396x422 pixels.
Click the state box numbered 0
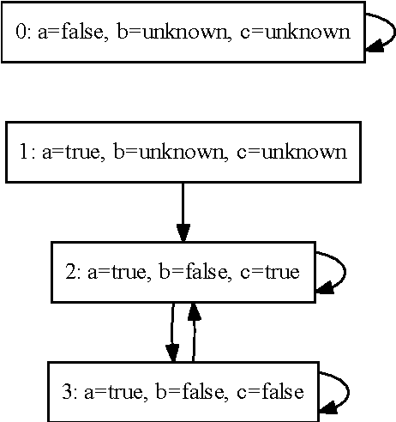coord(183,33)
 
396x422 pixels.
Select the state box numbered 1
coord(183,153)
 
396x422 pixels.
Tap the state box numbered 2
coord(183,272)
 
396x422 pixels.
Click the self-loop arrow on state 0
coord(381,33)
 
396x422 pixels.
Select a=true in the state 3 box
coord(117,393)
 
